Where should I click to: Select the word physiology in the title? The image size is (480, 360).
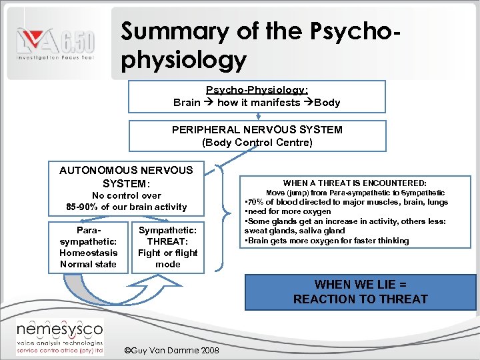pos(184,60)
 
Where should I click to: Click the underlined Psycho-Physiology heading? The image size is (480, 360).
pos(257,90)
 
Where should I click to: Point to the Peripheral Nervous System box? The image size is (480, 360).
pos(257,136)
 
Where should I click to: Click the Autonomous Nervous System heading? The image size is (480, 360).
pos(126,177)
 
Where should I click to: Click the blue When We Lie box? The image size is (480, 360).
pos(361,292)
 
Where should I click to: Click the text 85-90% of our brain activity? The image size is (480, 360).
pos(126,207)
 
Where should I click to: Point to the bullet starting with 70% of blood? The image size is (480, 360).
pos(347,202)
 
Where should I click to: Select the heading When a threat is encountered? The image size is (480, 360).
pos(355,183)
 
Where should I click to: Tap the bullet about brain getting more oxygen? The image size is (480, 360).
pos(327,241)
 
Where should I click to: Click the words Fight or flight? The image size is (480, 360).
pos(167,253)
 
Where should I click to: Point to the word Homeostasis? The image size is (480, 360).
pos(88,253)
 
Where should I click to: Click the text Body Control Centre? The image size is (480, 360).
pos(257,142)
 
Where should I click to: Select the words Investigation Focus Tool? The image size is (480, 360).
pos(55,59)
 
